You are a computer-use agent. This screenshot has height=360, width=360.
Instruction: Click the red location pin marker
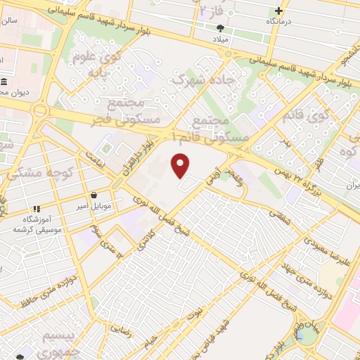pos(181,166)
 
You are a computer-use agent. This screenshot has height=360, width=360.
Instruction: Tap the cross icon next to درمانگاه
pos(279,11)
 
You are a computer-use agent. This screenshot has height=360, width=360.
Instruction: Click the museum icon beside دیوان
pos(5,82)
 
